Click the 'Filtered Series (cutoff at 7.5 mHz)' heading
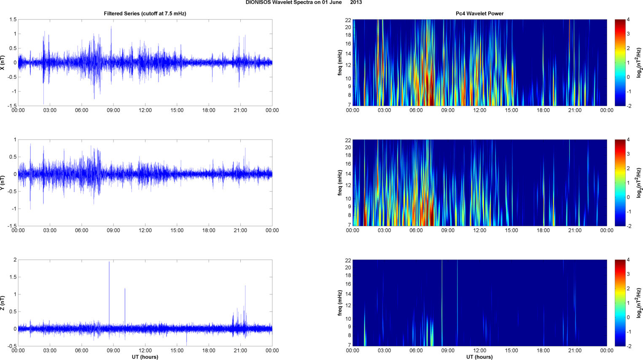click(x=145, y=13)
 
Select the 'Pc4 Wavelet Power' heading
click(x=479, y=13)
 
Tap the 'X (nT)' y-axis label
click(x=3, y=63)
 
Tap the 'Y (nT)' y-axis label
click(x=3, y=183)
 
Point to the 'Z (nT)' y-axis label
click(x=3, y=303)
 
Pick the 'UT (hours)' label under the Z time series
click(x=145, y=357)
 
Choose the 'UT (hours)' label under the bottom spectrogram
click(x=479, y=357)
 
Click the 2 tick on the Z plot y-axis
click(x=15, y=260)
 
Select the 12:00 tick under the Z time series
click(x=145, y=350)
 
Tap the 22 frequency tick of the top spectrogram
click(x=348, y=20)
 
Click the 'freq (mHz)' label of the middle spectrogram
click(x=340, y=183)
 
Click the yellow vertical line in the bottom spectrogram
click(x=442, y=303)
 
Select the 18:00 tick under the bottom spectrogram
click(x=543, y=350)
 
